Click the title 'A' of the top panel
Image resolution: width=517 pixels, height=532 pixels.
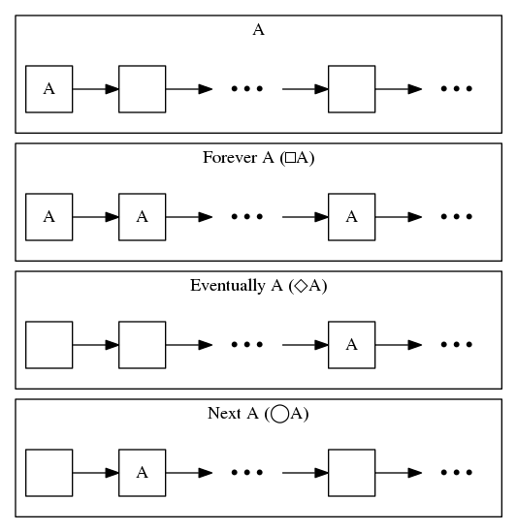click(x=258, y=30)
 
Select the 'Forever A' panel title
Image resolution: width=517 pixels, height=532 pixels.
click(x=258, y=158)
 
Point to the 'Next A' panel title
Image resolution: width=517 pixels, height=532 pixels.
click(x=258, y=414)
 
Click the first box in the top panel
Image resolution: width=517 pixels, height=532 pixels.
click(x=48, y=89)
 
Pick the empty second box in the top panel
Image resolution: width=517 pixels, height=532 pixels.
click(x=142, y=89)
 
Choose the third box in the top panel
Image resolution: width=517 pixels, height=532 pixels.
click(x=351, y=89)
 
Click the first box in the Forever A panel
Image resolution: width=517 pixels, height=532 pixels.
click(x=48, y=217)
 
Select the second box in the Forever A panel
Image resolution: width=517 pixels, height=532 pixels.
click(x=142, y=217)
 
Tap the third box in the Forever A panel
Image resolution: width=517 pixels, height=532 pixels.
click(x=351, y=217)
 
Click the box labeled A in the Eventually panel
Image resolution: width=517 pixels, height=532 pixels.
click(x=351, y=345)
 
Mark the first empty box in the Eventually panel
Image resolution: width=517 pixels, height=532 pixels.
click(x=48, y=345)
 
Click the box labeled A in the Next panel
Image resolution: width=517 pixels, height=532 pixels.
click(x=142, y=473)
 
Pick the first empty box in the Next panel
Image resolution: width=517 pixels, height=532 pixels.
click(x=48, y=473)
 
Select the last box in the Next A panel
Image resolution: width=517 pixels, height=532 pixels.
click(x=351, y=473)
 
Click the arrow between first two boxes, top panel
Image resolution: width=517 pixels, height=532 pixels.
click(x=95, y=89)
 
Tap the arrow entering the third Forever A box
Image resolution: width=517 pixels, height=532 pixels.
click(x=305, y=217)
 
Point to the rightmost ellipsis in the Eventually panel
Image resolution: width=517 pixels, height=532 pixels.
click(x=456, y=345)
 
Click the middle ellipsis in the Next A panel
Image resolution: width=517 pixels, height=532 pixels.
click(x=246, y=473)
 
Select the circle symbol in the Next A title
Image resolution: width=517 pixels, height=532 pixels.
click(x=279, y=415)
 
